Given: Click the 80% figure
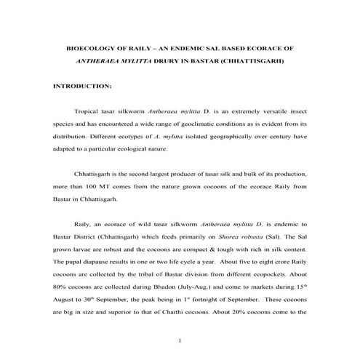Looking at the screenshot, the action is tap(60, 287).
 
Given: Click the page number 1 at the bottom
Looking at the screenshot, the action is tap(180, 340).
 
